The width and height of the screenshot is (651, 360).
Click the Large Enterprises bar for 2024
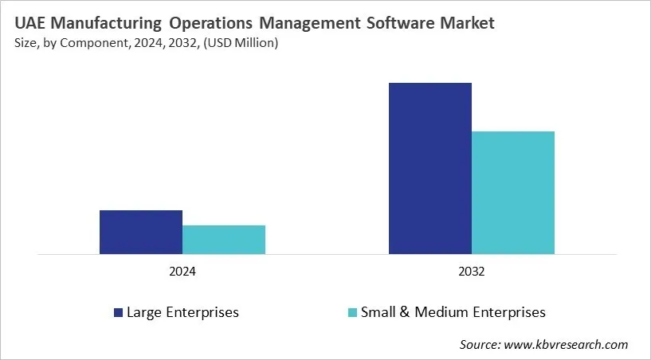click(141, 233)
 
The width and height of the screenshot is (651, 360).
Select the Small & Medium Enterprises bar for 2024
click(224, 240)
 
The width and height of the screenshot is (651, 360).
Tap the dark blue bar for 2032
click(430, 169)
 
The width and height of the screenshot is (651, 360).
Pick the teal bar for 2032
click(513, 193)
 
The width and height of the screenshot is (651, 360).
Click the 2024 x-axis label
click(182, 272)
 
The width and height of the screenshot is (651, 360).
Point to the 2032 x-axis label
click(472, 272)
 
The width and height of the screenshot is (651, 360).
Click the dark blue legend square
click(119, 312)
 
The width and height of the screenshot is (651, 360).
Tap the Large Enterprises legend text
click(182, 312)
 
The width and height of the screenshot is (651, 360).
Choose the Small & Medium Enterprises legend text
click(453, 312)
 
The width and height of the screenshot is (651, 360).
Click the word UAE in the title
click(29, 23)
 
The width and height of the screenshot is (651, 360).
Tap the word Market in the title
click(468, 23)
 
